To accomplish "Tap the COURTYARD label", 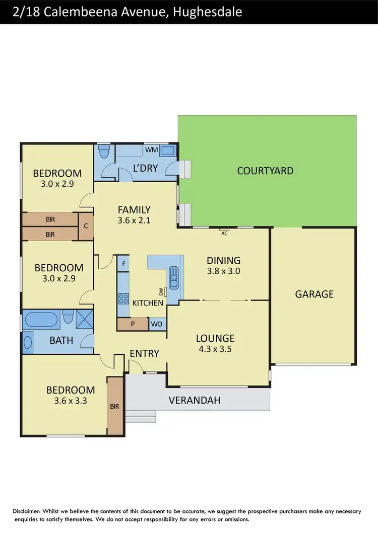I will (x=265, y=171).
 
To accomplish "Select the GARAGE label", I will (x=314, y=294).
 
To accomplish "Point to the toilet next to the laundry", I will (x=104, y=151).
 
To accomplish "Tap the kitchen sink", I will (x=174, y=278).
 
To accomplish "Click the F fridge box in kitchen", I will (x=123, y=263).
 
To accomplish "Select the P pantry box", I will (x=133, y=324).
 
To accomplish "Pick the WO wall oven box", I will (x=157, y=324).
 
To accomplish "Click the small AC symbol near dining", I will (x=224, y=233).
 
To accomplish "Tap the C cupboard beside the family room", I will (x=86, y=226).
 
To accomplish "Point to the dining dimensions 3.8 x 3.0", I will (x=223, y=271).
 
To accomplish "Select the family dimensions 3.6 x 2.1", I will (x=134, y=220).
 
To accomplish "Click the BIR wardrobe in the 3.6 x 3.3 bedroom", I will (x=115, y=406).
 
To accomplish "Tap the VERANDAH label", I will (x=194, y=401).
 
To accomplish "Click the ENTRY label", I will (x=145, y=353).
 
